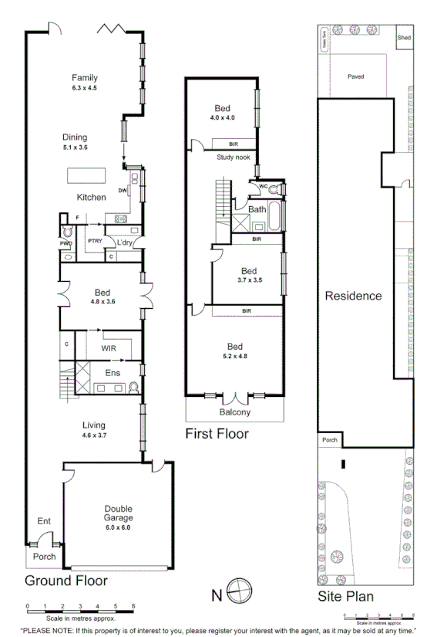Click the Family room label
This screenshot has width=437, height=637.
(x=84, y=78)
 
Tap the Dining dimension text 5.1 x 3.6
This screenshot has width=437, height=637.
(x=76, y=147)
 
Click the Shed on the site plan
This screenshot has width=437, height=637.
(x=403, y=37)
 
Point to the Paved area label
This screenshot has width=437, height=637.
(x=355, y=76)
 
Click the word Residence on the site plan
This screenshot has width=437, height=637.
(x=353, y=296)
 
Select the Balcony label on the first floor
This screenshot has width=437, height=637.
(x=235, y=412)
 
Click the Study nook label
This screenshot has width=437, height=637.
(x=233, y=158)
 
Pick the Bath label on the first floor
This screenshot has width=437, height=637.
(x=257, y=209)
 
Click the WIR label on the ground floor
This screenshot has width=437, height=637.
(x=109, y=348)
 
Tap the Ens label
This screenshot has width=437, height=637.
(x=112, y=373)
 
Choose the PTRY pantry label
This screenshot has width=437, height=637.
(x=95, y=242)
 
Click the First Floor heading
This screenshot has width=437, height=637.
(x=217, y=434)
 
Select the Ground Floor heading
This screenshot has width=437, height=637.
(x=66, y=581)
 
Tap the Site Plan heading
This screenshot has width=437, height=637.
(x=346, y=595)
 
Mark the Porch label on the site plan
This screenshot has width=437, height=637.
(x=330, y=440)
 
